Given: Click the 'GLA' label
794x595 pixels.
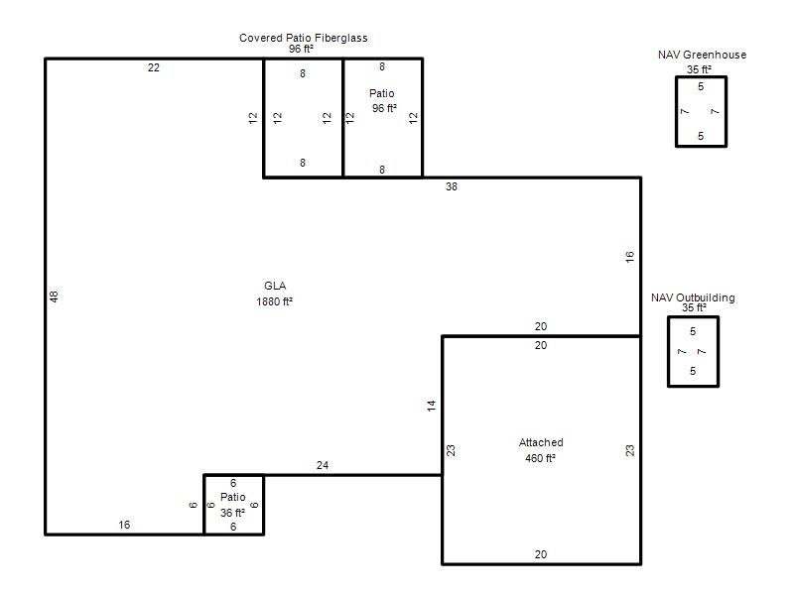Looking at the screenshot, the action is coord(275,286).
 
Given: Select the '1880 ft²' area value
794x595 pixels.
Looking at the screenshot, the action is coord(275,301).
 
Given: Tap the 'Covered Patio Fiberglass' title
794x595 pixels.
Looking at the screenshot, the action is coord(304,38).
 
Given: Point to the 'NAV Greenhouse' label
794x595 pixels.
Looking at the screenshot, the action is coord(702,55).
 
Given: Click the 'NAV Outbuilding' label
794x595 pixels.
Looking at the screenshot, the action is coord(693,297).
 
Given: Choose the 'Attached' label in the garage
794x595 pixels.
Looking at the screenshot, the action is coord(541,442).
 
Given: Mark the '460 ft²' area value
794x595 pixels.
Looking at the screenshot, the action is coord(540,458).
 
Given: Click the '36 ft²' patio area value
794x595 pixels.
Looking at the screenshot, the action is coord(232,513).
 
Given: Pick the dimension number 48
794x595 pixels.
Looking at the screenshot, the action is coord(54,297).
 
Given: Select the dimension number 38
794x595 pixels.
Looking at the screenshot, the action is coord(452,186).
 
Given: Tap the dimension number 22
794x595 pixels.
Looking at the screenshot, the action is coord(154,67).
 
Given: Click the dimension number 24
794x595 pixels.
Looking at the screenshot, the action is coord(323,465).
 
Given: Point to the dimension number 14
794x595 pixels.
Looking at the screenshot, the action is coord(431,406).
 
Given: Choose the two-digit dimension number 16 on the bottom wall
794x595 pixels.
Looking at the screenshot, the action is coord(124,525).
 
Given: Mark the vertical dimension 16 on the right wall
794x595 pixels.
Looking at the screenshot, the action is coord(629,257).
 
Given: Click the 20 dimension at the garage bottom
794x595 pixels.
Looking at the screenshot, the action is coord(541,554).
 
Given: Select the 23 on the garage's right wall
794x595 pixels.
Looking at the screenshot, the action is coord(629,450).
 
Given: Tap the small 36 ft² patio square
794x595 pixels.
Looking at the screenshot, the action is coord(204,505).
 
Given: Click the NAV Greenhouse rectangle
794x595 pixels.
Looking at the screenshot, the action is coord(677,111).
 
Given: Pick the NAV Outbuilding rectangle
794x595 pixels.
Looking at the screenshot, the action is coord(668,352).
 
